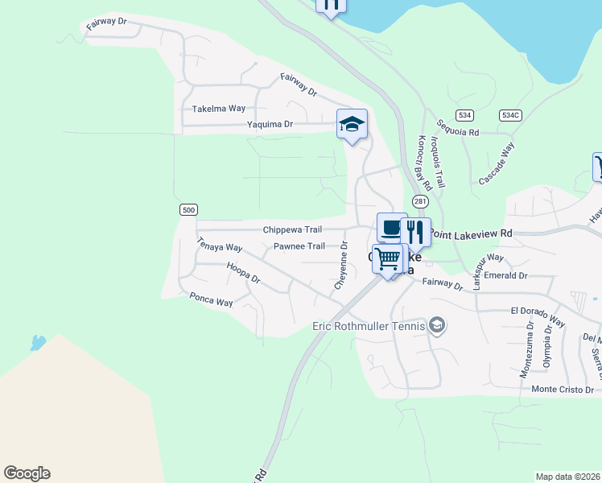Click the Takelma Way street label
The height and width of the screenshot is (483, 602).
click(218, 109)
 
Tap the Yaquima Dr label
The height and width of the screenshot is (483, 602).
click(270, 125)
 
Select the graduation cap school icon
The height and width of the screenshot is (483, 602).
click(352, 124)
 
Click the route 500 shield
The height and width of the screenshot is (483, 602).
click(188, 210)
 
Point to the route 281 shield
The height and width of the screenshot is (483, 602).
click(420, 200)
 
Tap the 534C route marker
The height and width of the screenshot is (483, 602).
click(510, 115)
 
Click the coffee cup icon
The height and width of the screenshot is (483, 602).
click(391, 228)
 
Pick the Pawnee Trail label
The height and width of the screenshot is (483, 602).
click(299, 246)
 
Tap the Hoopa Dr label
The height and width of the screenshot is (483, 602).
click(243, 274)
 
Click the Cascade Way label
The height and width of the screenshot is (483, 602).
click(497, 161)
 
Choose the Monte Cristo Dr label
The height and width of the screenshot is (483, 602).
click(565, 389)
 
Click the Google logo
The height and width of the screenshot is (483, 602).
click(27, 473)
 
